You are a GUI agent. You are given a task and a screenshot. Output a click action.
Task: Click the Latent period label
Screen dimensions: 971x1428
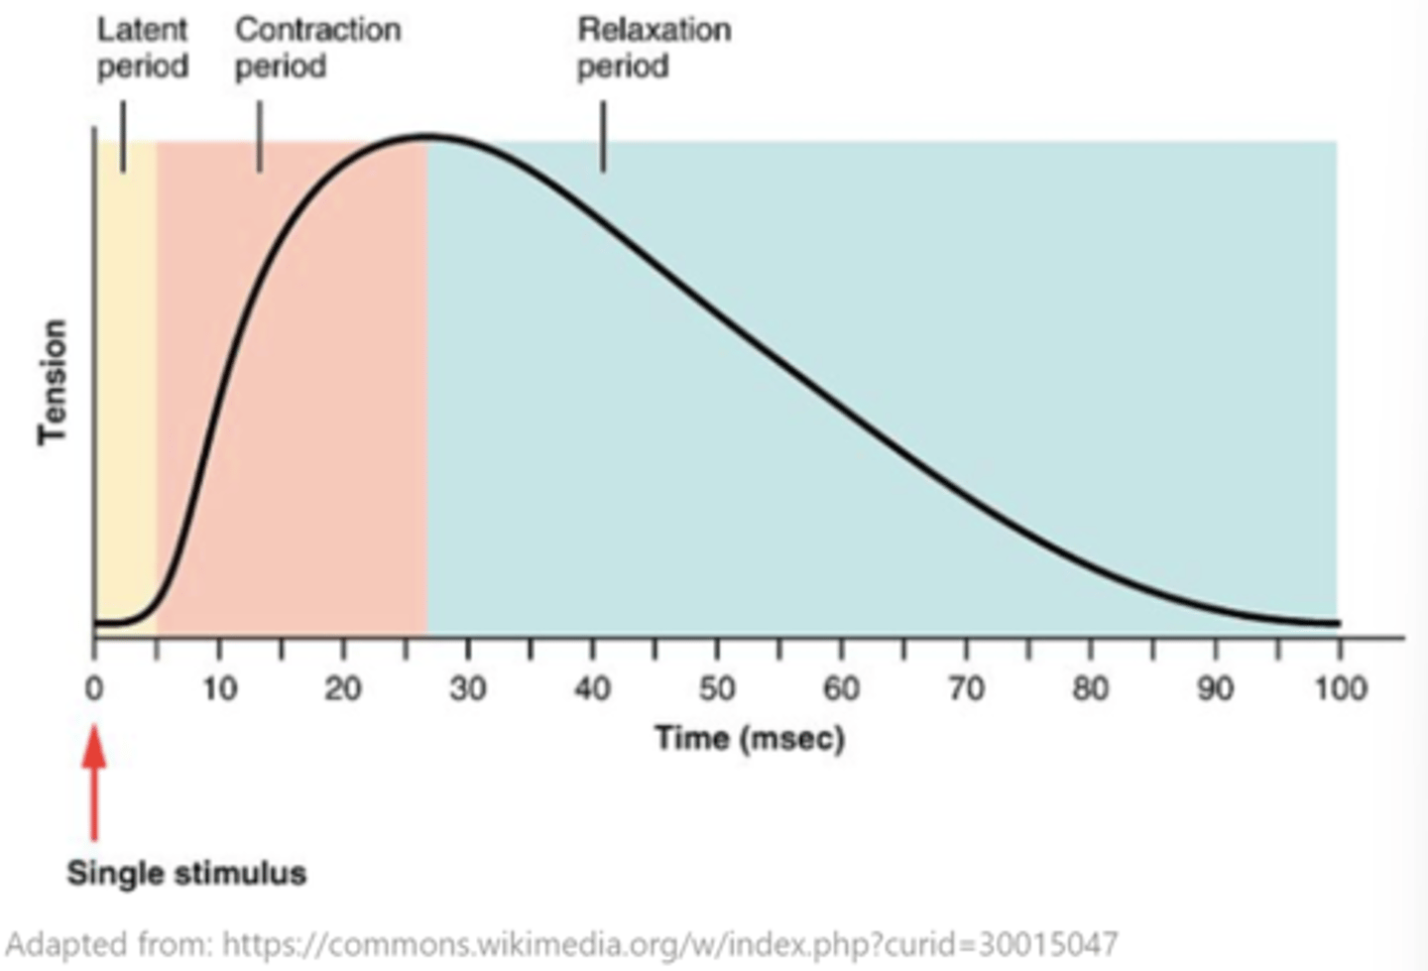142,48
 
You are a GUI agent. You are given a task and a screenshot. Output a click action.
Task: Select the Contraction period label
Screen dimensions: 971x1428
316,48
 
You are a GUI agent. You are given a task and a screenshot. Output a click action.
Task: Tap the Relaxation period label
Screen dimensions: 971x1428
654,48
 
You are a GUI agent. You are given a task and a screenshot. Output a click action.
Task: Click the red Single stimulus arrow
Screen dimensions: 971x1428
94,784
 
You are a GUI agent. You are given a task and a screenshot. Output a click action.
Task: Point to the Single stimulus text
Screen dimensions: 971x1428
186,873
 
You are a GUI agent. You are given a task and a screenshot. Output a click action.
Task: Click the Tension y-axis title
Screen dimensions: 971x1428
53,382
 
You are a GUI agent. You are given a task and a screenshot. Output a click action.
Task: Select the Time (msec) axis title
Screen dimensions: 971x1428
749,738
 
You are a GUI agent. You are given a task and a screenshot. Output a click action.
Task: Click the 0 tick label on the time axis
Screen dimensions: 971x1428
94,687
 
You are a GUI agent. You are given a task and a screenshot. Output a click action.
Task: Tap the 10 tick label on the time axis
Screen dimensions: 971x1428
219,687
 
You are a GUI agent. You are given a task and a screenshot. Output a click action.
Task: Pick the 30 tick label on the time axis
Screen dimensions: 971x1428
468,687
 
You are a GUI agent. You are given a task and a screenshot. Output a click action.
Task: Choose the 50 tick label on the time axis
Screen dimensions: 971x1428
717,687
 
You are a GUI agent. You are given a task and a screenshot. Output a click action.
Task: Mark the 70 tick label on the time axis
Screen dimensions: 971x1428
966,687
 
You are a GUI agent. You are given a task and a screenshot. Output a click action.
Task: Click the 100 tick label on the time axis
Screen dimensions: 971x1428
1341,687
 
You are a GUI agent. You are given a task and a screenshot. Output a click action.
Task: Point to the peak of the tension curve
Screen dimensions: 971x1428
426,136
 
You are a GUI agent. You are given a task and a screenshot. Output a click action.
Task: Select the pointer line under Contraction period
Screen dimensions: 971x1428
260,137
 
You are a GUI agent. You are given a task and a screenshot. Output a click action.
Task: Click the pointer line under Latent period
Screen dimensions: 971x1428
123,137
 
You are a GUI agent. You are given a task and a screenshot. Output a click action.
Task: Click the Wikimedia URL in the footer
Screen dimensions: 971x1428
669,942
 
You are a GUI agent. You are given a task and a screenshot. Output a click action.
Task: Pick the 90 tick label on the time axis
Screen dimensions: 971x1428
1215,687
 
